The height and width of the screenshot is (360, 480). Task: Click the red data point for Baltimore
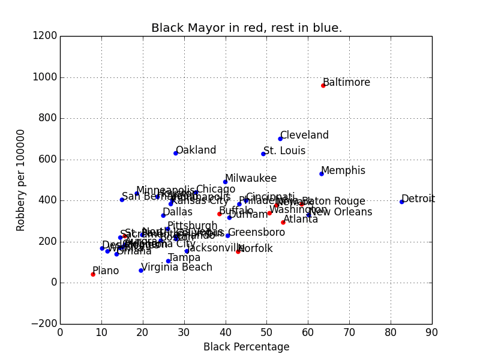click(x=323, y=86)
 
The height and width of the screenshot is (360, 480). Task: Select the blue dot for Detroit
click(x=401, y=202)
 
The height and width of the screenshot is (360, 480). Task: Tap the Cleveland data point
click(x=280, y=139)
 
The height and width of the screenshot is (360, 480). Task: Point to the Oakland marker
click(x=176, y=153)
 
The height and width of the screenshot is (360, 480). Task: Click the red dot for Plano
click(x=93, y=274)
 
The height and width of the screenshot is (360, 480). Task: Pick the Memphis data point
click(x=322, y=173)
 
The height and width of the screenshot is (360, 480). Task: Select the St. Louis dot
click(x=263, y=154)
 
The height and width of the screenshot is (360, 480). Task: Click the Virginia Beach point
click(x=141, y=271)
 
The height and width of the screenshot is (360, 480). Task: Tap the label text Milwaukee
click(x=251, y=178)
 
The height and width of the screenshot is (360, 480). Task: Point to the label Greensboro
click(x=256, y=232)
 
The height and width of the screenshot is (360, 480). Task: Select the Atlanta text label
click(x=301, y=219)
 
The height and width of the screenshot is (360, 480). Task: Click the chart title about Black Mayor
click(x=247, y=28)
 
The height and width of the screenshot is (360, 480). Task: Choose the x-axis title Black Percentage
click(x=246, y=347)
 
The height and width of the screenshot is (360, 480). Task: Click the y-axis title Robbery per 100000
click(x=21, y=180)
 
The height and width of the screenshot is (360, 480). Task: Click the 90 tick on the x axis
click(x=432, y=332)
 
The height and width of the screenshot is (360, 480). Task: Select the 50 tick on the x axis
click(x=267, y=332)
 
